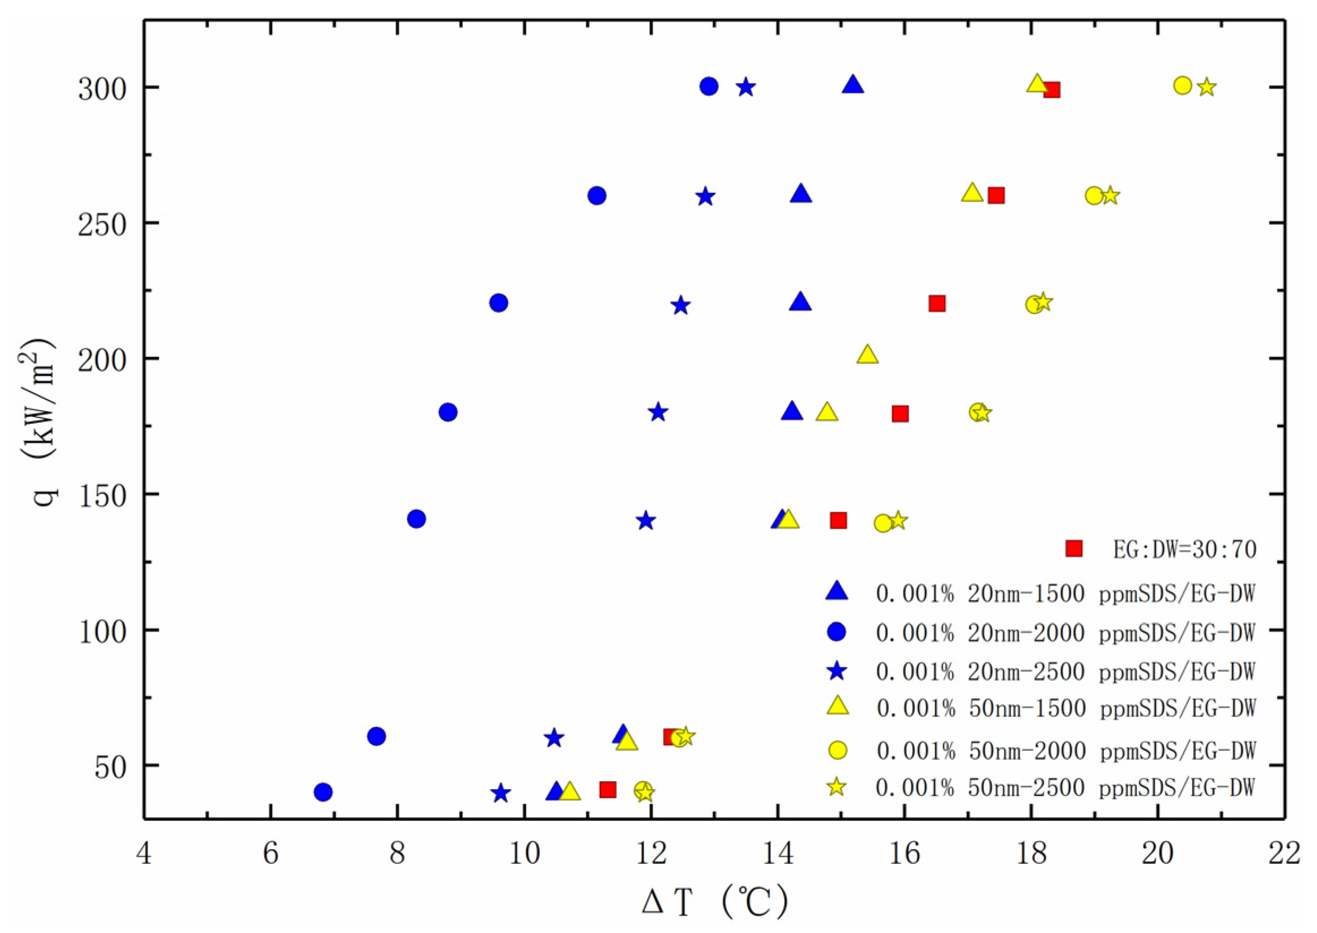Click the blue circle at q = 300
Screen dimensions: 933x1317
(709, 87)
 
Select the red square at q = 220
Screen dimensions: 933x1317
(937, 303)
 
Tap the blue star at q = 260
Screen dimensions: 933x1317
(705, 197)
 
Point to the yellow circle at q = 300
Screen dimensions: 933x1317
(1182, 86)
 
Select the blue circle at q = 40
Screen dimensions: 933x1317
(323, 793)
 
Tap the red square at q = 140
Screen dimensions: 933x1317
(838, 521)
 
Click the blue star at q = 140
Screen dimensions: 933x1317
(646, 521)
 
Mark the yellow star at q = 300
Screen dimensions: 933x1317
(1207, 87)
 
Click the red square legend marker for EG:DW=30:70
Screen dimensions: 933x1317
(1073, 549)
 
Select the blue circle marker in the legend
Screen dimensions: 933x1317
(837, 632)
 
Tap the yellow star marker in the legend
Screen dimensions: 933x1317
(837, 787)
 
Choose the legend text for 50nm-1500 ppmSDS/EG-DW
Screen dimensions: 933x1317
(1066, 708)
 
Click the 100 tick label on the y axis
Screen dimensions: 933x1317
(101, 631)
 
